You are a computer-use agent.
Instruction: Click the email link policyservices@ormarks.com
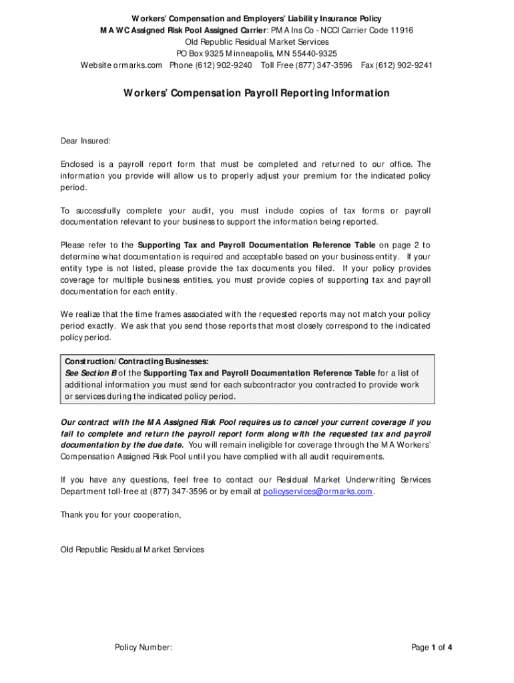click(317, 492)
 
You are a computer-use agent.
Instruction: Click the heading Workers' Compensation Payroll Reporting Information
click(256, 93)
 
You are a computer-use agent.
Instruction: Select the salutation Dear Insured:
click(85, 141)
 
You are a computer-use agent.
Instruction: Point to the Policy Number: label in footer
click(144, 647)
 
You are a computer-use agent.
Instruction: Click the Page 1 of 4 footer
click(432, 647)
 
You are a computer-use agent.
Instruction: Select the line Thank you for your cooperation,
click(121, 515)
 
